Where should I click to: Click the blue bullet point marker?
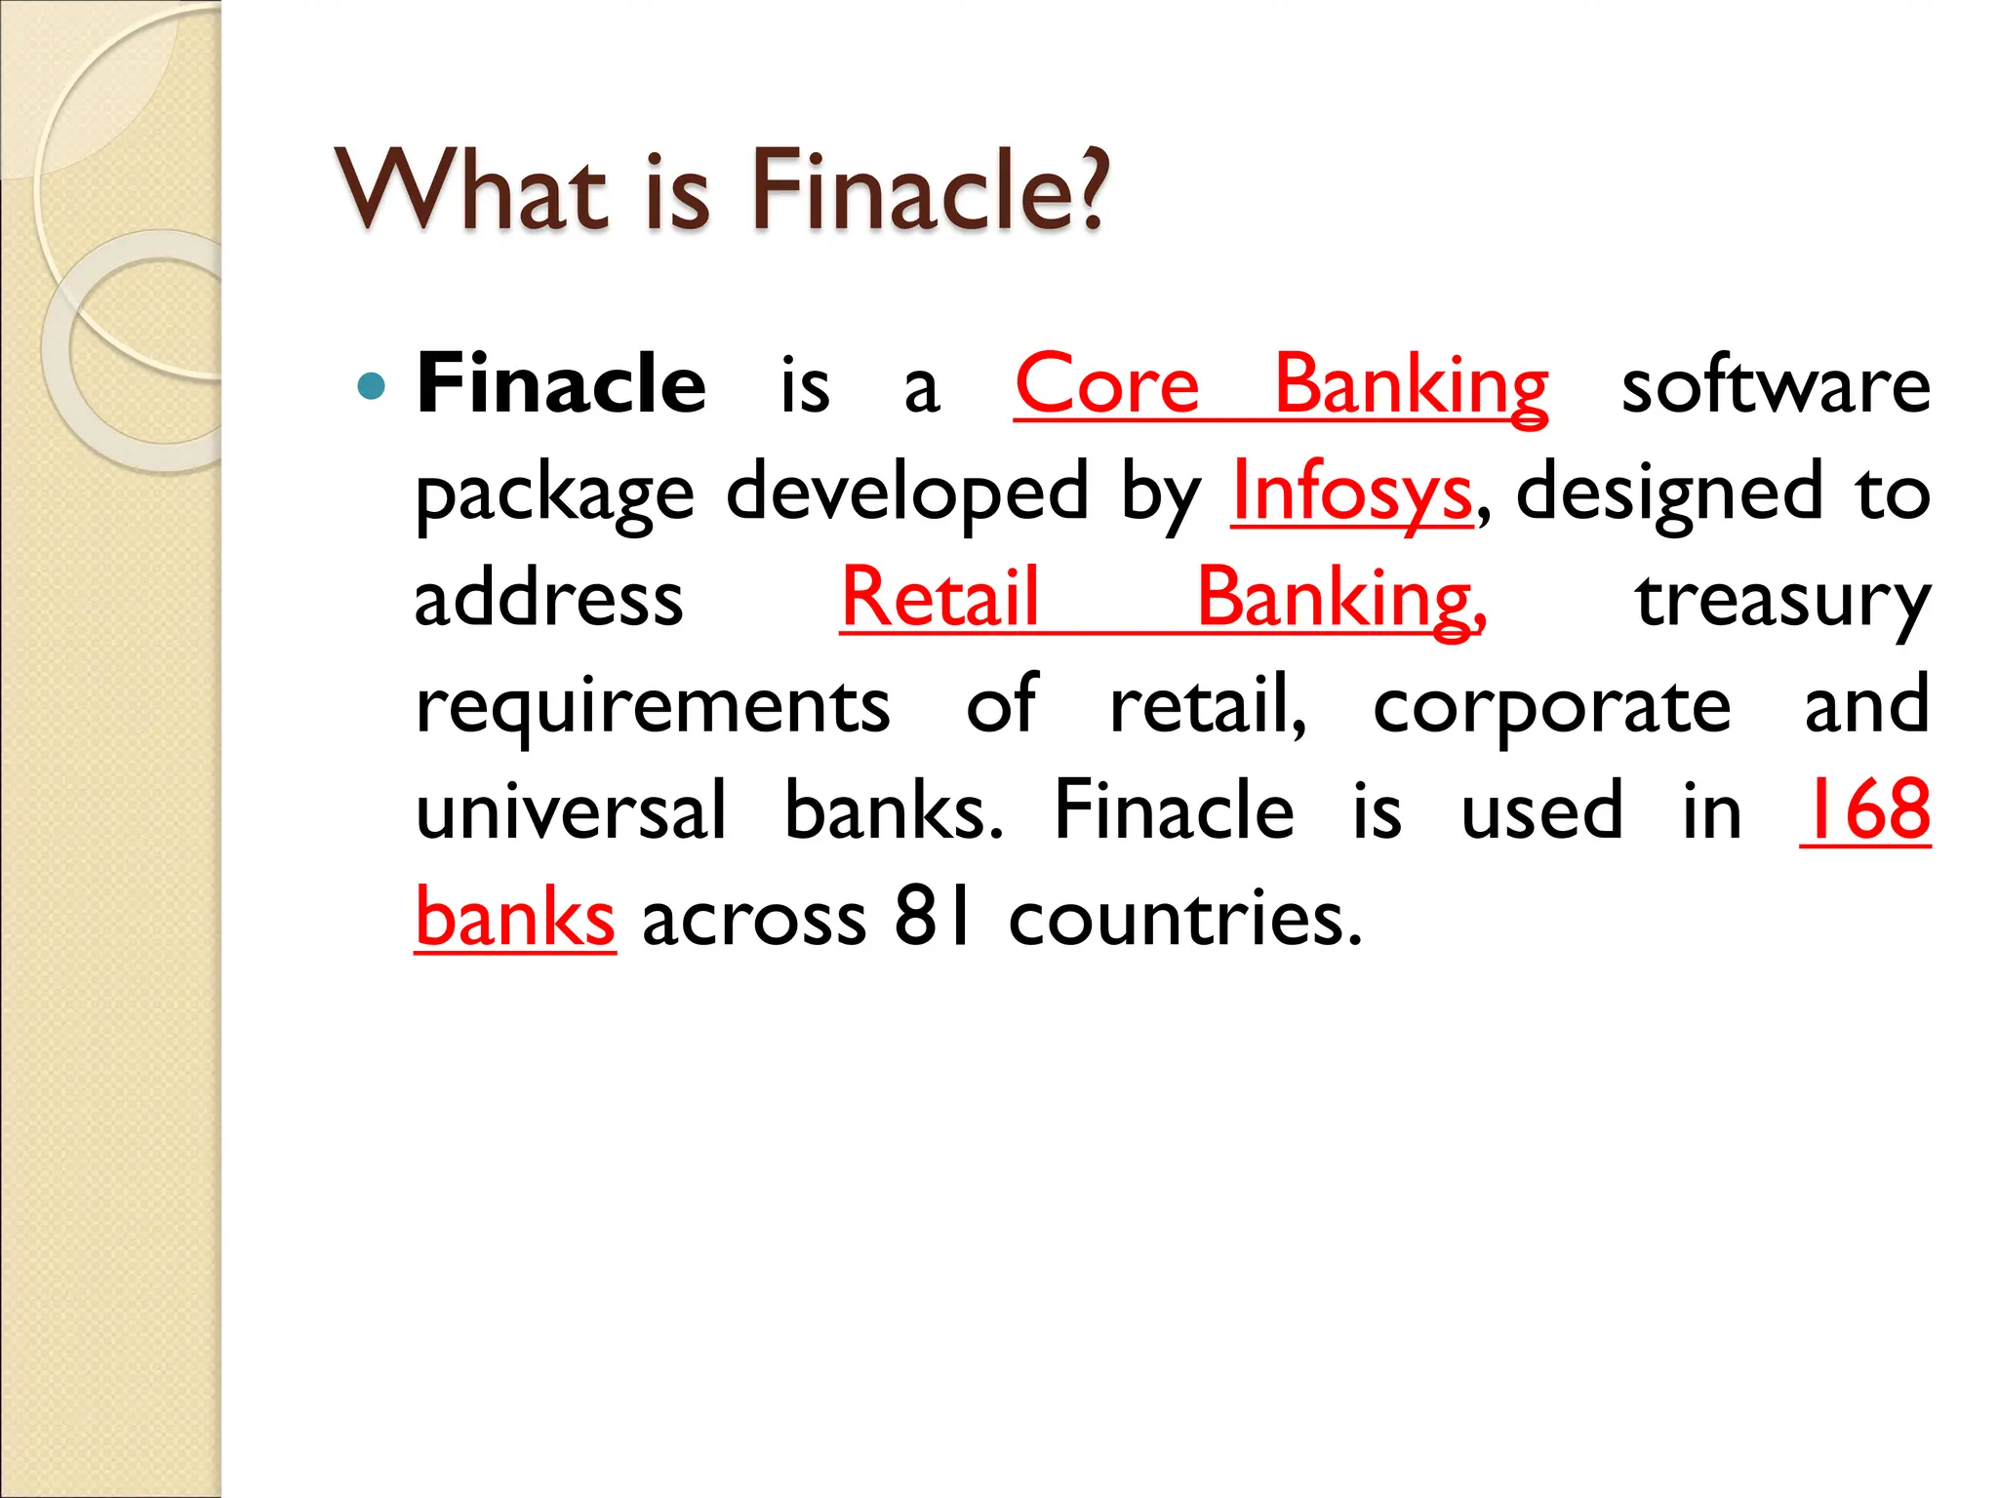pyautogui.click(x=372, y=387)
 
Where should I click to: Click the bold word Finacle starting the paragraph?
pyautogui.click(x=561, y=385)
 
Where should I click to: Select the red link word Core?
pyautogui.click(x=1106, y=385)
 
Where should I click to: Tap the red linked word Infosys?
pyautogui.click(x=1351, y=493)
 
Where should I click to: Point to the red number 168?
pyautogui.click(x=1865, y=809)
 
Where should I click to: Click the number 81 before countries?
pyautogui.click(x=933, y=917)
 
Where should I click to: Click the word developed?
pyautogui.click(x=906, y=493)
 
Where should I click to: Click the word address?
pyautogui.click(x=548, y=600)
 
